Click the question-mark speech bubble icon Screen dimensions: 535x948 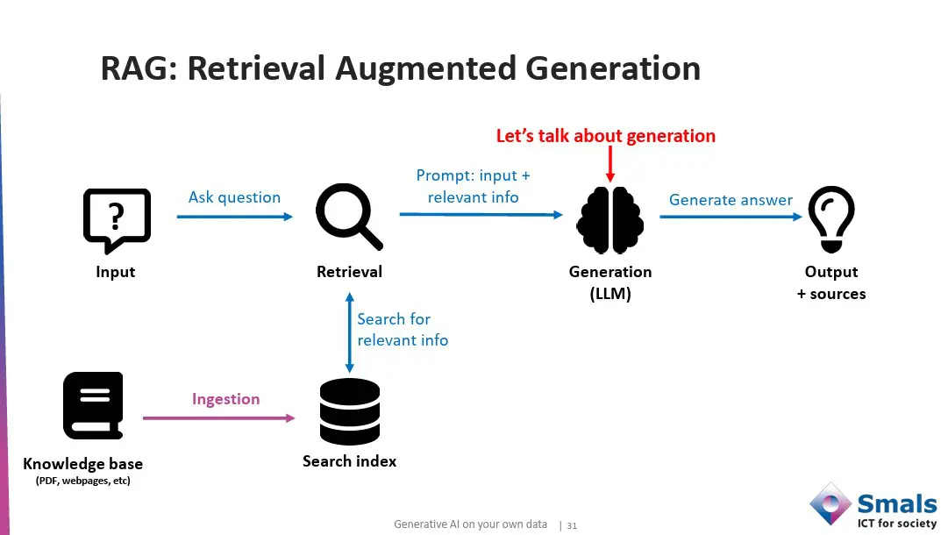117,220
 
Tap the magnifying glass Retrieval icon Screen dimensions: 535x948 348,216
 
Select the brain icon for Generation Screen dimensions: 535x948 609,220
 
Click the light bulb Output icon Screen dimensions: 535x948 830,218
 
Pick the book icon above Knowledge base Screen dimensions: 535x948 93,405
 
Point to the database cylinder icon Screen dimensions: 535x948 350,411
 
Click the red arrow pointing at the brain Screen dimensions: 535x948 610,165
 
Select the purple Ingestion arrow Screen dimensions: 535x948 219,418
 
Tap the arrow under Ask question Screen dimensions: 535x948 235,216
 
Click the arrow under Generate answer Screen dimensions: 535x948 731,217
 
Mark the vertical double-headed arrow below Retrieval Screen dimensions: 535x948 350,333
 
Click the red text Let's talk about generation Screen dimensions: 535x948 606,136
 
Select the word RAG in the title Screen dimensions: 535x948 134,68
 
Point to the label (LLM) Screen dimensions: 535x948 610,294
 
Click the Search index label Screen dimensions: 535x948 350,461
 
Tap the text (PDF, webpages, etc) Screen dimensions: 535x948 83,481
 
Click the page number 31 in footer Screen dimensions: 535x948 572,525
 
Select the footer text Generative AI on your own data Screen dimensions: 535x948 470,524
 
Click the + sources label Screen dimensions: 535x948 831,294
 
